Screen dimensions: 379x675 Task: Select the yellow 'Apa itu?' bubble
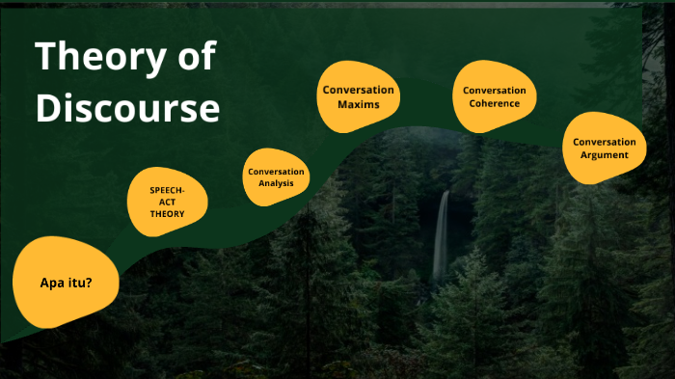click(x=66, y=283)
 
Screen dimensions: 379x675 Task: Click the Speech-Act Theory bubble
click(x=166, y=202)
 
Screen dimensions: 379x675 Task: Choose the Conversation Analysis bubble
click(x=276, y=177)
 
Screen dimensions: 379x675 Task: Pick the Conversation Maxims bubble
click(x=359, y=96)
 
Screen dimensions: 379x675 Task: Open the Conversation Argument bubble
click(x=604, y=148)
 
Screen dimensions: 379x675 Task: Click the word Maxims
click(x=359, y=104)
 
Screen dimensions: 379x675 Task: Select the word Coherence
click(x=494, y=104)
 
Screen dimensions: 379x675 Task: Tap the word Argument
click(x=605, y=154)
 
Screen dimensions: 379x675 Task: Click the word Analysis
click(x=276, y=183)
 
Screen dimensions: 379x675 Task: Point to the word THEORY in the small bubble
click(x=166, y=213)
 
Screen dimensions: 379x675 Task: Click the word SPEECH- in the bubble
click(x=166, y=190)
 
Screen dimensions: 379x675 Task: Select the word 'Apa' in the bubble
click(x=52, y=284)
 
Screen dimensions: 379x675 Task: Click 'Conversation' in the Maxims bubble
click(x=359, y=90)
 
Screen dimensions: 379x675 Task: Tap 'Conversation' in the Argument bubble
click(x=605, y=142)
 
